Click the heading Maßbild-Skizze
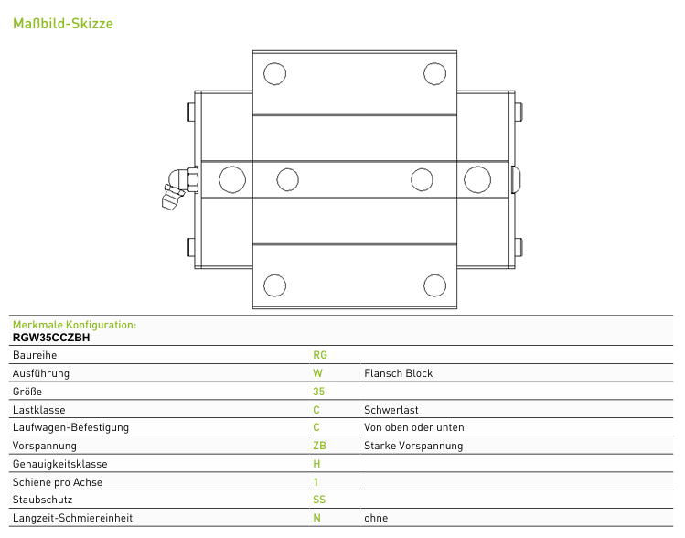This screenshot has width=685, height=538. tap(63, 23)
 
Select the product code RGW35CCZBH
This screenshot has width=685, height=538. tap(51, 338)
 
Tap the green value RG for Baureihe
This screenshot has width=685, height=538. tap(320, 355)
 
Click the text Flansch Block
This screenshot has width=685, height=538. tap(399, 373)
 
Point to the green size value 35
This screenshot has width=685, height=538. tap(318, 392)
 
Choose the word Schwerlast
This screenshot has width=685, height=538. tap(391, 410)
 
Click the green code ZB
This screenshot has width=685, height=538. tap(319, 446)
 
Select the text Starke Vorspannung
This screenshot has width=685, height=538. tap(413, 446)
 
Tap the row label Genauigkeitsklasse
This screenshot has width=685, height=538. tap(59, 464)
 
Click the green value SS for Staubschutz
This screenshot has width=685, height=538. tap(319, 500)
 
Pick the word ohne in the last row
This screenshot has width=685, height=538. tap(376, 518)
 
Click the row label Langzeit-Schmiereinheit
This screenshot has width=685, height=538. tap(72, 518)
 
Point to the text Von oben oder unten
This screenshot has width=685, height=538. tap(414, 427)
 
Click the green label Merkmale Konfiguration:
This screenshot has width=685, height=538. tap(75, 325)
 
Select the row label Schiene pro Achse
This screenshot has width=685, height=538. tap(58, 482)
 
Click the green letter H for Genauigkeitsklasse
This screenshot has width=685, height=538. tap(316, 464)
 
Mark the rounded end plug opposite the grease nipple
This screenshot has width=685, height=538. tap(516, 179)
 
